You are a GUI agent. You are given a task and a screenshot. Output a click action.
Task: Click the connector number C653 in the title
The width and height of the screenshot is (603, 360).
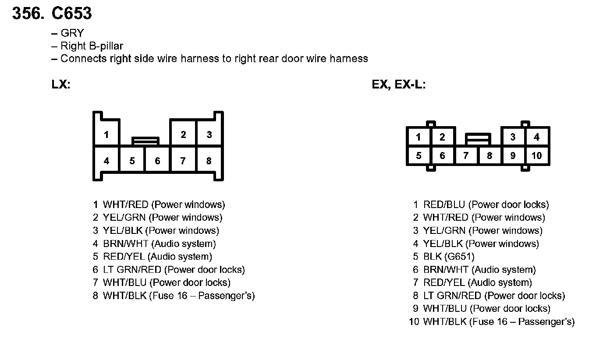72,14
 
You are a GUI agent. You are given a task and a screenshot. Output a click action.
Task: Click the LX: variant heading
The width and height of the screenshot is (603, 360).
61,85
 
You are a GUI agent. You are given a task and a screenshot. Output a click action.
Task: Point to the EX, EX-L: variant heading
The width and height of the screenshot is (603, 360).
399,85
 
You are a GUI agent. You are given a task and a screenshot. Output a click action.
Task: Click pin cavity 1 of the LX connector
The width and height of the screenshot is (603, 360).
106,134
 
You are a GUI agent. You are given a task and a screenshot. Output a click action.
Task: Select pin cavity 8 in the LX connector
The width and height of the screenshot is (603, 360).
209,161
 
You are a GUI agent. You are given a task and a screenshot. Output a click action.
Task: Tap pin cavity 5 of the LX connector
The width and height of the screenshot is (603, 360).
132,161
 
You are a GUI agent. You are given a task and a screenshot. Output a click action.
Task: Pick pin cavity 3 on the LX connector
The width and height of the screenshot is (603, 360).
209,134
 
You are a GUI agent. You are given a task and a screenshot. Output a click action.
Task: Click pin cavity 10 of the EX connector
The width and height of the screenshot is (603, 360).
536,155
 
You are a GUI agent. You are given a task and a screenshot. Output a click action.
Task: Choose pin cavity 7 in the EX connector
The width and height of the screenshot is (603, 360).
466,155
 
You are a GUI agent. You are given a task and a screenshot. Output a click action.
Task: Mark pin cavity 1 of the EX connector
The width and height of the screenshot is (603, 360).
419,137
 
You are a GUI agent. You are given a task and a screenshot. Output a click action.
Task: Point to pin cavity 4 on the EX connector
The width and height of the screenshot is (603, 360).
536,137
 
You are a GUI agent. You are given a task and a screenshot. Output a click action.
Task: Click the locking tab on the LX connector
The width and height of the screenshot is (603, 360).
145,141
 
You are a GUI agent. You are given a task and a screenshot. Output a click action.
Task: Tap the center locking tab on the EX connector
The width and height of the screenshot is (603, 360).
478,139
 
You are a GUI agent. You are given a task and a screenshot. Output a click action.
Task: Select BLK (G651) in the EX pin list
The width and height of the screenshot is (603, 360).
449,257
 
